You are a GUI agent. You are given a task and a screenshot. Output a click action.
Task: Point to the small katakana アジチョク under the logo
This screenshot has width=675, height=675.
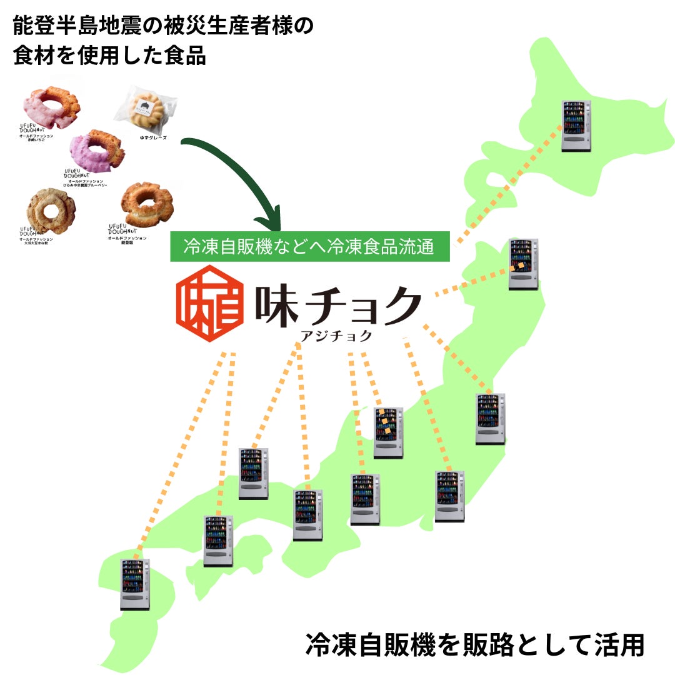coord(336,336)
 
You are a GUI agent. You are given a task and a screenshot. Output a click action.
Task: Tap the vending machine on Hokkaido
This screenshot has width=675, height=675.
coord(576,126)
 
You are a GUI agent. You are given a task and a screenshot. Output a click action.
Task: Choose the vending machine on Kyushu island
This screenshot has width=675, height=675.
coord(135,584)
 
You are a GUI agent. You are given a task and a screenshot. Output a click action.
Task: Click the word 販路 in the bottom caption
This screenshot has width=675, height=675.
coord(459,645)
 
